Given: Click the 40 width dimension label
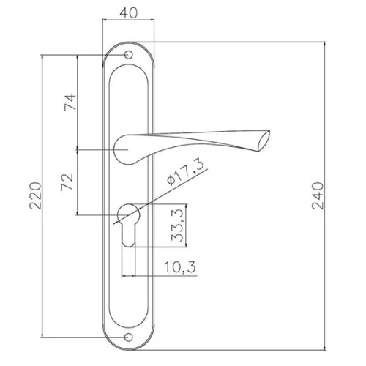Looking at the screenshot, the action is click(129, 12).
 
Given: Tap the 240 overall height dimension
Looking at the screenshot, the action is click(318, 195).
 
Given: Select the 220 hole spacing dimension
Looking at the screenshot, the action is click(35, 195).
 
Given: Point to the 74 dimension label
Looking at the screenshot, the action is click(70, 102).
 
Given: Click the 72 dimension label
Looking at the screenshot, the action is click(67, 182).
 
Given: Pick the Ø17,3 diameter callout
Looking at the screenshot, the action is click(185, 173).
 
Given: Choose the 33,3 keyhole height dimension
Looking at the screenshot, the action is click(177, 225).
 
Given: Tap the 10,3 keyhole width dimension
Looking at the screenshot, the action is click(180, 266).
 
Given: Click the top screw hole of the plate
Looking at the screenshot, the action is click(128, 55).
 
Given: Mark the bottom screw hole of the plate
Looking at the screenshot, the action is click(128, 337).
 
